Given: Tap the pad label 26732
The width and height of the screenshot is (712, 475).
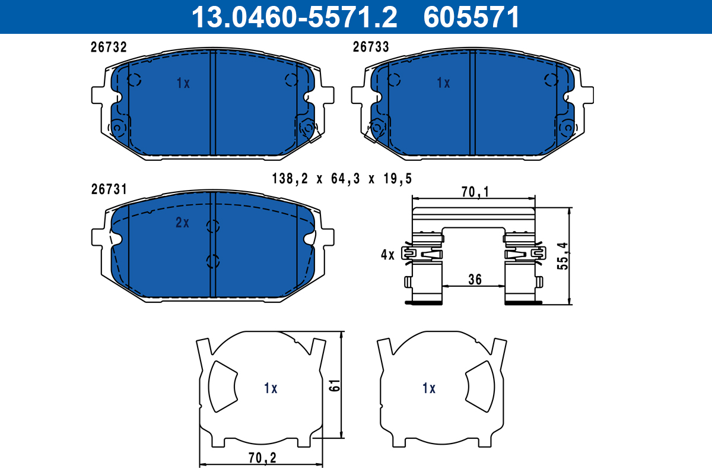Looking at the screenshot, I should point(109,47).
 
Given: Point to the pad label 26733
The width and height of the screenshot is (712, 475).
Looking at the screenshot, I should point(371,47).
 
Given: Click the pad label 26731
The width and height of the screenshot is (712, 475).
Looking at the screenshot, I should point(109,189).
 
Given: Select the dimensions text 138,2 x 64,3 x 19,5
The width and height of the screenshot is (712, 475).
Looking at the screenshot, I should point(341,178).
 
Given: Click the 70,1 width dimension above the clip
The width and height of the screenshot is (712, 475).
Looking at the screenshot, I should point(474,191).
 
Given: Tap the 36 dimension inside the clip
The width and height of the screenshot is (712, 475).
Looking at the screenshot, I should point(474,278).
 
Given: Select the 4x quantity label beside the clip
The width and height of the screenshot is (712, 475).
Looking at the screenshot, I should point(387,255).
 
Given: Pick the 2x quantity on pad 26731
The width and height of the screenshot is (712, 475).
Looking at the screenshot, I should point(182,223).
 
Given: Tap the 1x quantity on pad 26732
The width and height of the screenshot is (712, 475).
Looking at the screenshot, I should point(183,84).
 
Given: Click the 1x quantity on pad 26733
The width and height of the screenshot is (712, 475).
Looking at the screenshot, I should point(443,83).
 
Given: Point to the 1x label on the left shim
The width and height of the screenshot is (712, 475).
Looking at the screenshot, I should point(271,388).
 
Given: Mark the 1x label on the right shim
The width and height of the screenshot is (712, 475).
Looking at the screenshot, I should point(428,388).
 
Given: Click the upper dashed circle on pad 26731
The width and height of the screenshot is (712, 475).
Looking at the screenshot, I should point(212,226).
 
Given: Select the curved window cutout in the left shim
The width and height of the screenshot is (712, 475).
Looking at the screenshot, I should point(222,387).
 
